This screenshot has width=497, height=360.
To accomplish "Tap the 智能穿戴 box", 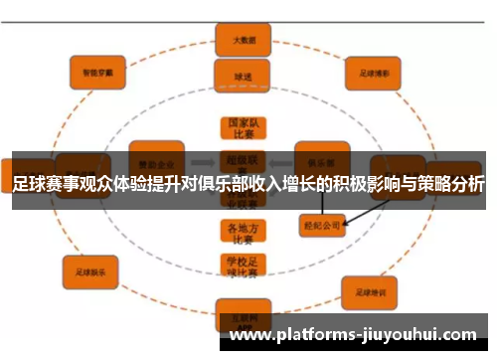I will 96,71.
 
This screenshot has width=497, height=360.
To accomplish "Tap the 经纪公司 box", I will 321,226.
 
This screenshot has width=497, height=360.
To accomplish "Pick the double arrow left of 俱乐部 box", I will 279,162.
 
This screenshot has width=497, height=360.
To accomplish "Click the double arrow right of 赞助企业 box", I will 202,162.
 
